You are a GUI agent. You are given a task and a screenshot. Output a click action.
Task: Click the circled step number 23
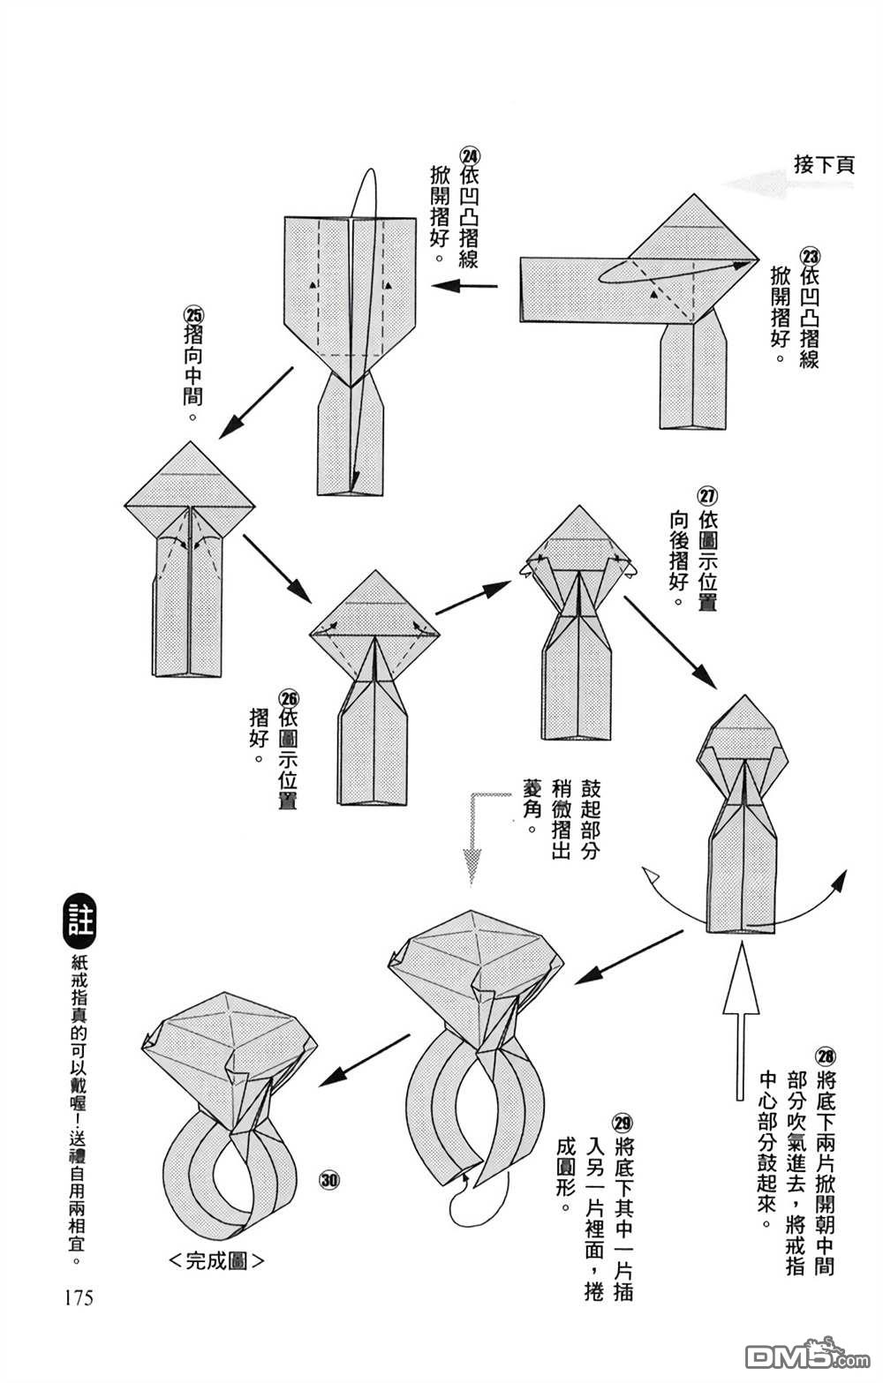809,255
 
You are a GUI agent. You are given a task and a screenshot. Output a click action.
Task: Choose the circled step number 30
330,1180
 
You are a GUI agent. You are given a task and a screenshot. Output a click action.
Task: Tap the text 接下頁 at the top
823,165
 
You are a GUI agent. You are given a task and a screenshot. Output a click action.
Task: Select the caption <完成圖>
216,1260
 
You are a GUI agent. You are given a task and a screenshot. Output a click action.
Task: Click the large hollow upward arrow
740,1015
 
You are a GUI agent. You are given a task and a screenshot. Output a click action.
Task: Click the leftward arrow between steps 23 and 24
464,285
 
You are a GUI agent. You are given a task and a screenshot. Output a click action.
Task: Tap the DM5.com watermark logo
795,1355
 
